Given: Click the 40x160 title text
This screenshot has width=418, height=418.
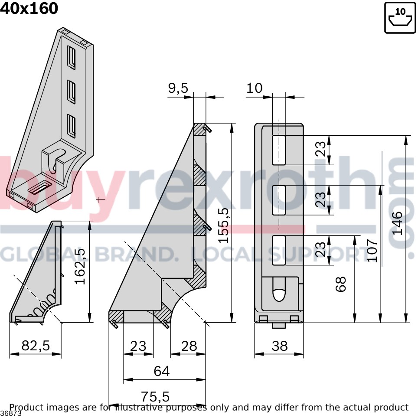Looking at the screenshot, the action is point(29,8).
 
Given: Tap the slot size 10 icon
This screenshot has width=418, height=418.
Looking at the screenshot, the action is point(400,18).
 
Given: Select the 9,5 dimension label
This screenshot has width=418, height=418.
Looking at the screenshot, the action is point(178,88).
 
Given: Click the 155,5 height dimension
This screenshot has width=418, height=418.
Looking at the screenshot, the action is point(223,225).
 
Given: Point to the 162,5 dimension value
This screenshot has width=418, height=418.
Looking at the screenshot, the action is point(80,266).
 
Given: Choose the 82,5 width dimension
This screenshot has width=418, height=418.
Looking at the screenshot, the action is point(36,346).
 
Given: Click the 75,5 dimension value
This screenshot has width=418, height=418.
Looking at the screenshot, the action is point(155,397).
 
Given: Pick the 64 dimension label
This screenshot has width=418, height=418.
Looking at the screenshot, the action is point(162,371).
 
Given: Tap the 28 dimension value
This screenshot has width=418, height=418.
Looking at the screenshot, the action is point(189,346).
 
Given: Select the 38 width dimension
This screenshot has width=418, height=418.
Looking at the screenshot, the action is point(280,346).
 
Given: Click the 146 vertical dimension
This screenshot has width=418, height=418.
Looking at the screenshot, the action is point(397,223).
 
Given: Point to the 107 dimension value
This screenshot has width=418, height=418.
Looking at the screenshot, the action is point(372,250).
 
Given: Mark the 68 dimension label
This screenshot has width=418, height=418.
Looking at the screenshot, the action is point(341,284).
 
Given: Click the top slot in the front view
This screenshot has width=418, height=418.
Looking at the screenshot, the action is point(279,150).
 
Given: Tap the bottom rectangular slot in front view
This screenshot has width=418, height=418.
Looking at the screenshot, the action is point(279,250).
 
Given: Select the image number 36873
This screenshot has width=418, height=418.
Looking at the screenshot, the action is point(11,414).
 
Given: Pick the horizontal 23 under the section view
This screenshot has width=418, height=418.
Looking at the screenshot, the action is point(138,346).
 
